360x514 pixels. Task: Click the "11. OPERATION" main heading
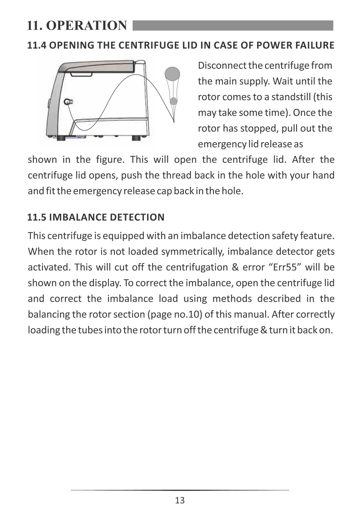pos(77,25)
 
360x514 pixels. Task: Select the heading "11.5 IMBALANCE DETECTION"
pos(96,217)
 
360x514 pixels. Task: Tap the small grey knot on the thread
pos(173,101)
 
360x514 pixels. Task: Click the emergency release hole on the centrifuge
pos(68,102)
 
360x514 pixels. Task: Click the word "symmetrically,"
pos(192,251)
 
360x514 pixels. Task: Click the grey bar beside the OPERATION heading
pos(233,25)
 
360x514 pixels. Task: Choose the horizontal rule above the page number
pos(180,490)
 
